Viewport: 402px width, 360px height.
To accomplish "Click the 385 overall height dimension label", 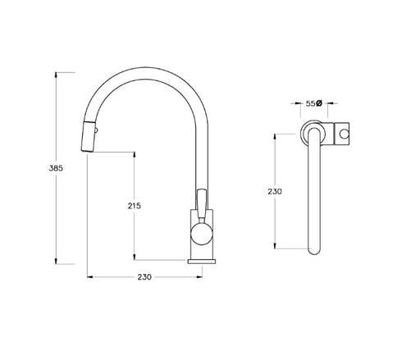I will click(x=56, y=167).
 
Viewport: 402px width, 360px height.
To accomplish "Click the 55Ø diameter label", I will click(x=313, y=105).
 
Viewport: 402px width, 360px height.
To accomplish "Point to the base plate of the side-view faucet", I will click(x=201, y=261).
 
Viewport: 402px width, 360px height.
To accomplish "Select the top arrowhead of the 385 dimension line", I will click(x=56, y=75).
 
